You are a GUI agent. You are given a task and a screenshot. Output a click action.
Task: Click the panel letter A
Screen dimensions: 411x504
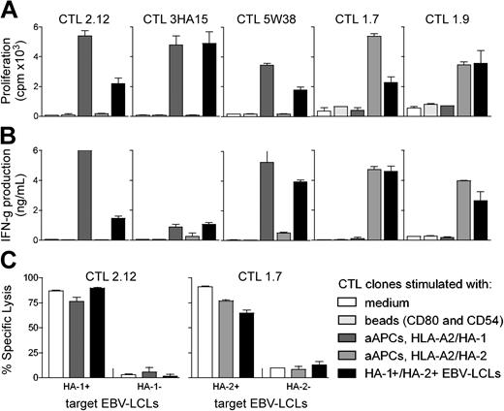(x=10, y=10)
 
